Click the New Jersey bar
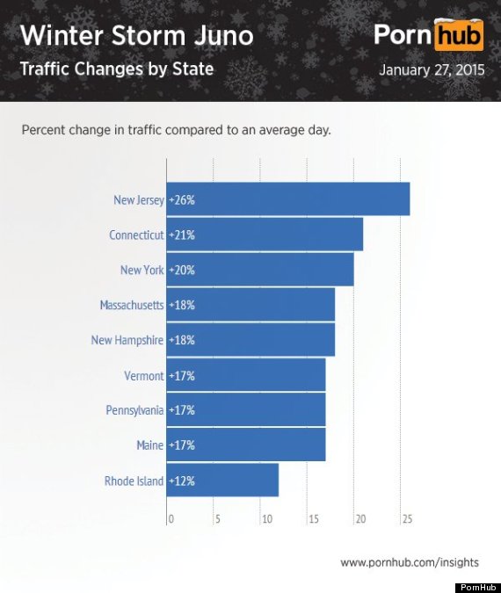tap(288, 199)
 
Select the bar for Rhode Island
tap(222, 480)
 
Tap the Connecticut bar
tap(265, 234)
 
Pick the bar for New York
tap(260, 270)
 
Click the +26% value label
tap(182, 199)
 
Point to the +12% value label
tap(182, 481)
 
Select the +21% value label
tap(182, 235)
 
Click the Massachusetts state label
tap(132, 305)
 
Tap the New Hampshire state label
tap(127, 340)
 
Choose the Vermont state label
tap(144, 375)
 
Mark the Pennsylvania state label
tap(134, 410)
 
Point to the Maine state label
tap(150, 445)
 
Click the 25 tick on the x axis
tap(407, 519)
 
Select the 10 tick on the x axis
tap(267, 519)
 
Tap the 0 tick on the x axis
tap(171, 519)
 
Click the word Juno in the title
tap(223, 35)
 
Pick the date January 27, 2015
tap(432, 70)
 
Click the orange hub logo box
tap(459, 35)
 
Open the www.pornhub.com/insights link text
tap(410, 562)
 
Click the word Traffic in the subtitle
tap(44, 69)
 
